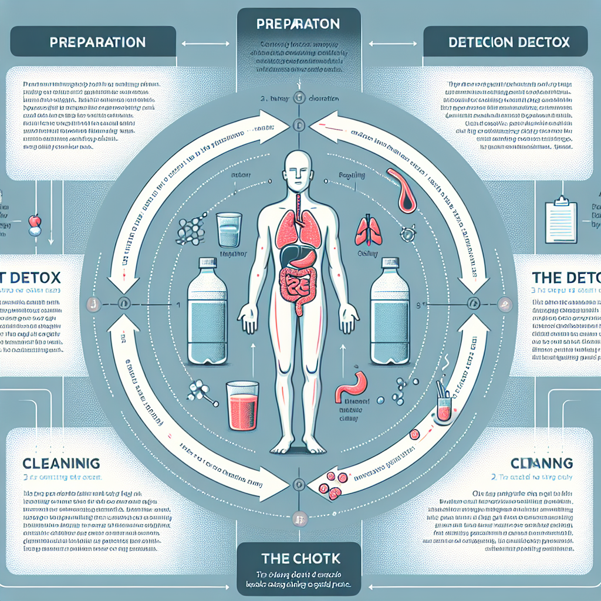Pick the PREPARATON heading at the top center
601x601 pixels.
(x=298, y=25)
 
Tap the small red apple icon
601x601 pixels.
(x=35, y=221)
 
